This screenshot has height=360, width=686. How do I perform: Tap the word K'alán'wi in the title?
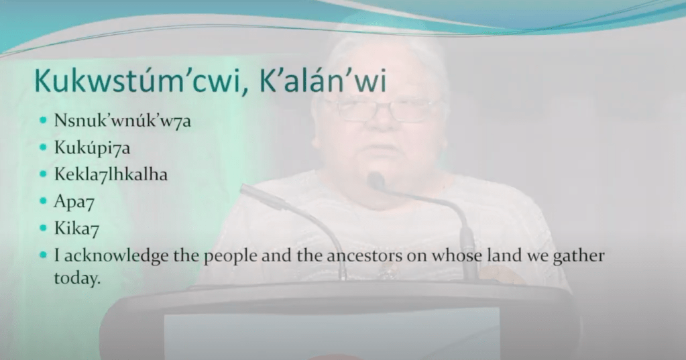323,80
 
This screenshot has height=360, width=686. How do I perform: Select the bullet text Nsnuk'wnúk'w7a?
123,120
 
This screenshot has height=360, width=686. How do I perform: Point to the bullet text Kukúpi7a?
92,147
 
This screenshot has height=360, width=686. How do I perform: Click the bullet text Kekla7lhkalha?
111,174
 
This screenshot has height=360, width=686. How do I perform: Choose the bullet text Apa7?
74,202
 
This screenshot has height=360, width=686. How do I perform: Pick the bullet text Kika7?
76,229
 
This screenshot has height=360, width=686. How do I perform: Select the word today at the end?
77,278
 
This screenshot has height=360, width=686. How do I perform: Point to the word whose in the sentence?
455,255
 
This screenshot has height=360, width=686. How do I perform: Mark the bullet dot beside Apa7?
43,200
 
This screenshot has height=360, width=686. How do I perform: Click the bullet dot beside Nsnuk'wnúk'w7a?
43,120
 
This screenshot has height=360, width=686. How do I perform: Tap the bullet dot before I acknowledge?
43,255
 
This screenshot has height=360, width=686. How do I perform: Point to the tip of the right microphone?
375,179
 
